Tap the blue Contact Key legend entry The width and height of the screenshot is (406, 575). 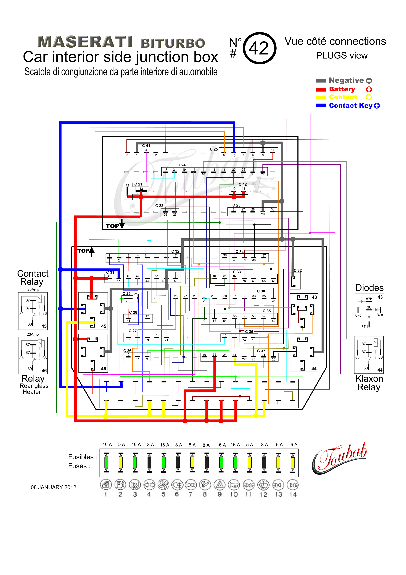tap(351, 106)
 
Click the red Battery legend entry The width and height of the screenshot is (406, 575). tap(342, 89)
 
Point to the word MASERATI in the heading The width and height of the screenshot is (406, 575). tap(85, 42)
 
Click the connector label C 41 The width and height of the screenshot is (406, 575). tap(146, 145)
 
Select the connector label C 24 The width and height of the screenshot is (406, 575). tap(181, 165)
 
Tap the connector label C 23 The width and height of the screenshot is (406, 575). tap(236, 205)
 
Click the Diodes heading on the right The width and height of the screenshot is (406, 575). tap(369, 288)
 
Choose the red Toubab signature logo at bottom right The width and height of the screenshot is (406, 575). tap(339, 458)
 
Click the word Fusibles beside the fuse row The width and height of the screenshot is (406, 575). tap(81, 457)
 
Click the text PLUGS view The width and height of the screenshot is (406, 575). tap(342, 55)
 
